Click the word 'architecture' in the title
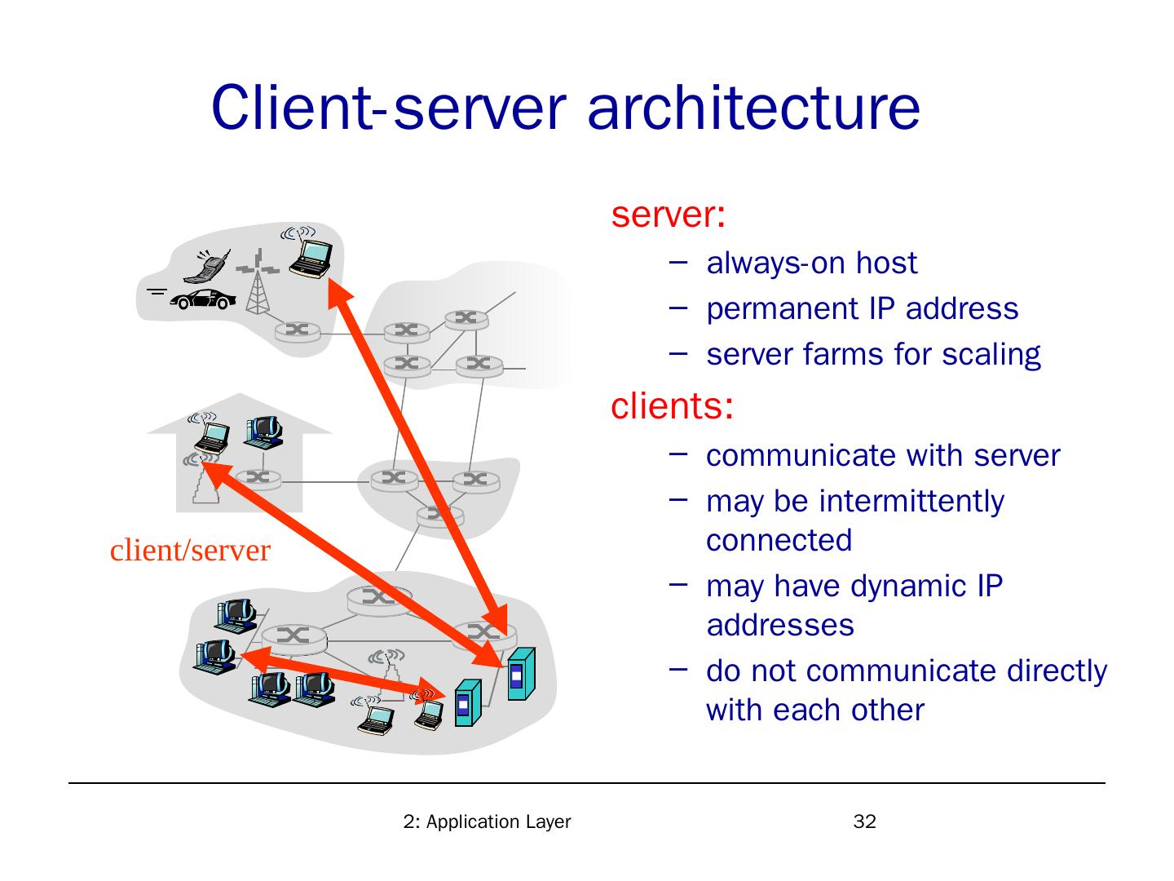753,108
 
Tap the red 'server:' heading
668,215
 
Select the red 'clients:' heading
672,405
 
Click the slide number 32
864,821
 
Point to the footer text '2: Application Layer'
487,821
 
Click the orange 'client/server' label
190,551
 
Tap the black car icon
203,299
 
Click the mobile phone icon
208,266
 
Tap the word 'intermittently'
911,502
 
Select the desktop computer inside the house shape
263,432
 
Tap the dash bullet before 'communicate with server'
677,454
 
